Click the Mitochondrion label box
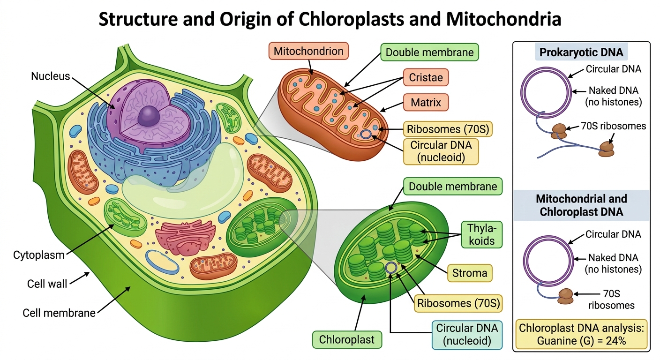[308, 51]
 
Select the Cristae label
[426, 77]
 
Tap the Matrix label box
[426, 102]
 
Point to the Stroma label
[470, 273]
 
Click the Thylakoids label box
[482, 234]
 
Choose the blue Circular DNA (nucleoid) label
[467, 335]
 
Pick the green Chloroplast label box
[347, 339]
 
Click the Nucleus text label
[50, 76]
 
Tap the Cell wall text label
[47, 284]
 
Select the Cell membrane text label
[59, 313]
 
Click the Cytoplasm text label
[38, 255]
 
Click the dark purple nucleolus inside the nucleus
[149, 116]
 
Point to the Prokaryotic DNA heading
[581, 52]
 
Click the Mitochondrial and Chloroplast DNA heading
[581, 205]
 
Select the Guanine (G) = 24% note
[581, 335]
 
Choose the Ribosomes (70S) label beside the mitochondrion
[448, 129]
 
